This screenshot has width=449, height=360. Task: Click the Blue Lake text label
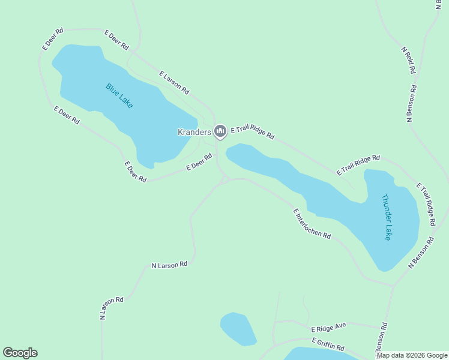(119, 95)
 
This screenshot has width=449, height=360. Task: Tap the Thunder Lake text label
(388, 217)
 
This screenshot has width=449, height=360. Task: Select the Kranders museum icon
(220, 131)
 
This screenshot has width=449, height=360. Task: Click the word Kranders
(194, 132)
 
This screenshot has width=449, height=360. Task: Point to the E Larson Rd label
(174, 83)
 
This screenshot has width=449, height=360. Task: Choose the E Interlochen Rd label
(312, 224)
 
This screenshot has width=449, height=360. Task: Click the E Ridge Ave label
(329, 327)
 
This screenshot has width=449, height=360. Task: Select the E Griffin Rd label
(328, 344)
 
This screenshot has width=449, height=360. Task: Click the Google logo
(20, 353)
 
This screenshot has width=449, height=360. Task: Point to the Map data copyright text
(412, 355)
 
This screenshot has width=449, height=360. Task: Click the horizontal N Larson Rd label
(169, 265)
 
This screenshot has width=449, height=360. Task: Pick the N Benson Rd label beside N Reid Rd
(412, 103)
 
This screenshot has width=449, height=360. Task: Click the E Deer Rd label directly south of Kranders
(199, 163)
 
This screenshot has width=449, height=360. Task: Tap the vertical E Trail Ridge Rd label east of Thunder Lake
(426, 203)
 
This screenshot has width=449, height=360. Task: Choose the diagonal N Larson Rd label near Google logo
(111, 307)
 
